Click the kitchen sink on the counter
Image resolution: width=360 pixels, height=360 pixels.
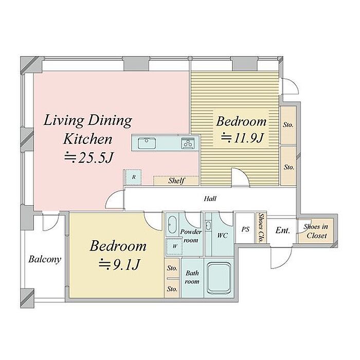(147, 143)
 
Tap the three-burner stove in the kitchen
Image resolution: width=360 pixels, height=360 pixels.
(188, 143)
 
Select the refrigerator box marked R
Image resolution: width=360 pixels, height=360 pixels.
(133, 177)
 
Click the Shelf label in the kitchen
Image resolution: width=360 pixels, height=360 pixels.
(176, 181)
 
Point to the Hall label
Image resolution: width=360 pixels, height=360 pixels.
(210, 199)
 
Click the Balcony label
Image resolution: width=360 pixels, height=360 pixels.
(45, 259)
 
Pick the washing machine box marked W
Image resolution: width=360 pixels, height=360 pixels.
(174, 246)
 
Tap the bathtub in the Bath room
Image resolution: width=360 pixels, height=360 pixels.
(219, 278)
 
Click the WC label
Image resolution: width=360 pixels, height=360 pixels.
(223, 236)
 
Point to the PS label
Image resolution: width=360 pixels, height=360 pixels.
(245, 229)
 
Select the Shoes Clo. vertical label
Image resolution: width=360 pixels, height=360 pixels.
(261, 227)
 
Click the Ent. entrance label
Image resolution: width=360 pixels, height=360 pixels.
(283, 230)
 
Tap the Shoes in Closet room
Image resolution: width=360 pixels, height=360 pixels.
(316, 231)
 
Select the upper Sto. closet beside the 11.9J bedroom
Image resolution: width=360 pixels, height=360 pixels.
(288, 125)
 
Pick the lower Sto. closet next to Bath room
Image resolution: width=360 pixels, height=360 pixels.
(172, 289)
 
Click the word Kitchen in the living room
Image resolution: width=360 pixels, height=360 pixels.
(88, 139)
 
